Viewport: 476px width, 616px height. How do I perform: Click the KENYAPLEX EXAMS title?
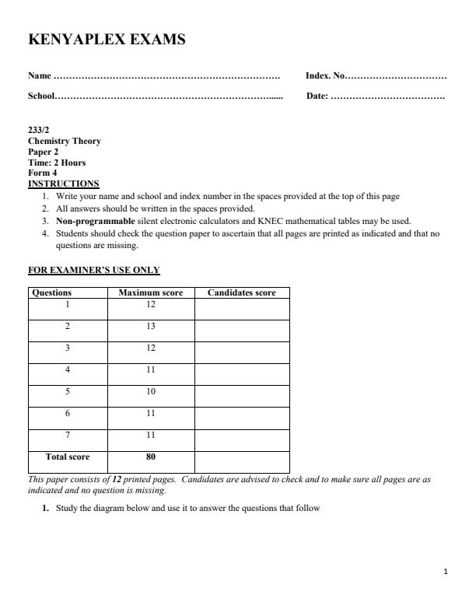(x=107, y=39)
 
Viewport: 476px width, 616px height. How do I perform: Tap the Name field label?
(x=40, y=76)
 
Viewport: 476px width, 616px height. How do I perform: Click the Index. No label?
(x=324, y=76)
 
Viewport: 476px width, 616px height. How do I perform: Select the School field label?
(x=42, y=96)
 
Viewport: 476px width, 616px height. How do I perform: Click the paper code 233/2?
(x=39, y=131)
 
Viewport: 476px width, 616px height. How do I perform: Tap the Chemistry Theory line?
(x=65, y=142)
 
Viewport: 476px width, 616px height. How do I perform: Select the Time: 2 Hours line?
(x=57, y=163)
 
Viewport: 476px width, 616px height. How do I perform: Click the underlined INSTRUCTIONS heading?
(x=64, y=184)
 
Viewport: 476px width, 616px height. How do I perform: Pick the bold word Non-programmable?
(x=94, y=221)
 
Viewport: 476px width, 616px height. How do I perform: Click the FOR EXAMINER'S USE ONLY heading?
(x=93, y=271)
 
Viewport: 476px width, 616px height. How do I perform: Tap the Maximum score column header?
(x=150, y=293)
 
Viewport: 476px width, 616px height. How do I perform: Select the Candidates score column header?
(x=241, y=293)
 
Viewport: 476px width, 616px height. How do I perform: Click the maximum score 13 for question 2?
(x=150, y=327)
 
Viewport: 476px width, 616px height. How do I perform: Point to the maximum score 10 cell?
(x=150, y=392)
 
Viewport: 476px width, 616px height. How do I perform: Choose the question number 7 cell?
(x=68, y=436)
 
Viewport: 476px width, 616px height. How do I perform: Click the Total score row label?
(x=68, y=457)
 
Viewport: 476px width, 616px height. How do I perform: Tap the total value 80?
(x=150, y=457)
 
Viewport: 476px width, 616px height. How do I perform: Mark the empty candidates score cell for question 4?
(x=241, y=375)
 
